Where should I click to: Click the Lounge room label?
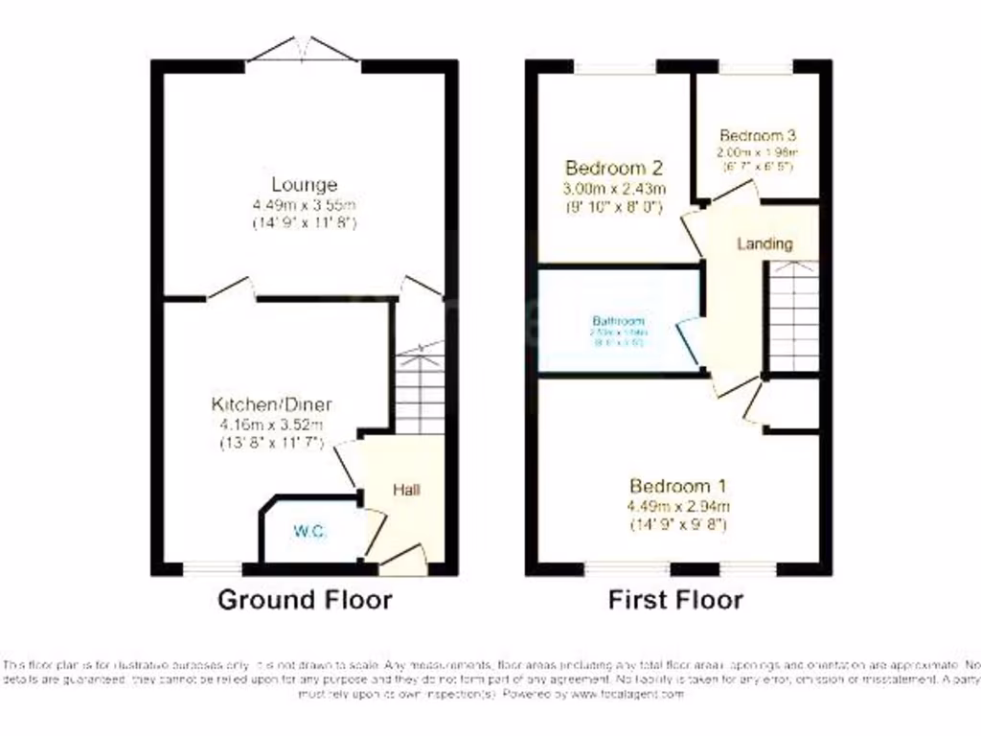click(x=304, y=184)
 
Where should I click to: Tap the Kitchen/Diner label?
click(x=272, y=404)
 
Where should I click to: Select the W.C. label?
click(x=308, y=528)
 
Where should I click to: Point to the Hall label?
click(x=406, y=490)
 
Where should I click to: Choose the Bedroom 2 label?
click(x=614, y=167)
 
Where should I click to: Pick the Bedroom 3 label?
click(x=758, y=135)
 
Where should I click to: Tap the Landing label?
click(x=764, y=243)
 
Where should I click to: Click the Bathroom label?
click(x=618, y=321)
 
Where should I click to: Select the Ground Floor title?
click(x=305, y=600)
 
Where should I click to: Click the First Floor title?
click(x=675, y=600)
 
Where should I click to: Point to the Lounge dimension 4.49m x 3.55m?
click(x=304, y=204)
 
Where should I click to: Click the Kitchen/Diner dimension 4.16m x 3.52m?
click(x=272, y=425)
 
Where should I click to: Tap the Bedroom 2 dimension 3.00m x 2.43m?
click(x=614, y=187)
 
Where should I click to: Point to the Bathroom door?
click(x=687, y=340)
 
